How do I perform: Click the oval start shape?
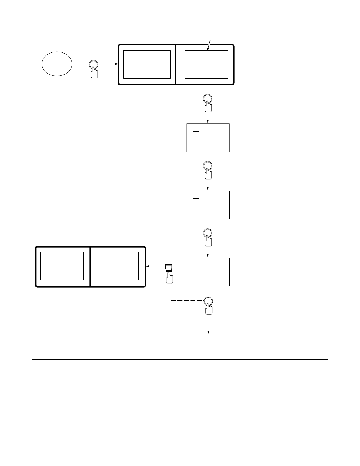click(x=57, y=64)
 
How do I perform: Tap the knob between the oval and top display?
click(x=94, y=65)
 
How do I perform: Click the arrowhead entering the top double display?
click(x=116, y=64)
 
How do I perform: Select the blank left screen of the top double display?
click(x=147, y=64)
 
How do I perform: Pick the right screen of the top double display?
click(x=206, y=64)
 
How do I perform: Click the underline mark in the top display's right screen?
click(x=193, y=58)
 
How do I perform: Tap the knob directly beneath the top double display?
click(x=208, y=99)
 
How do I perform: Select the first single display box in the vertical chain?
click(x=208, y=138)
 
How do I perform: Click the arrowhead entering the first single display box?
click(x=208, y=121)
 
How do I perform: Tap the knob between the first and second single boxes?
click(x=208, y=166)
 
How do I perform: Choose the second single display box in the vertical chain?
click(x=208, y=205)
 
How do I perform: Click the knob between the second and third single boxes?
click(x=208, y=233)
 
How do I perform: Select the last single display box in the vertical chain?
click(x=208, y=272)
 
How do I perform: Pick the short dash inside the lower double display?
click(x=112, y=260)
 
